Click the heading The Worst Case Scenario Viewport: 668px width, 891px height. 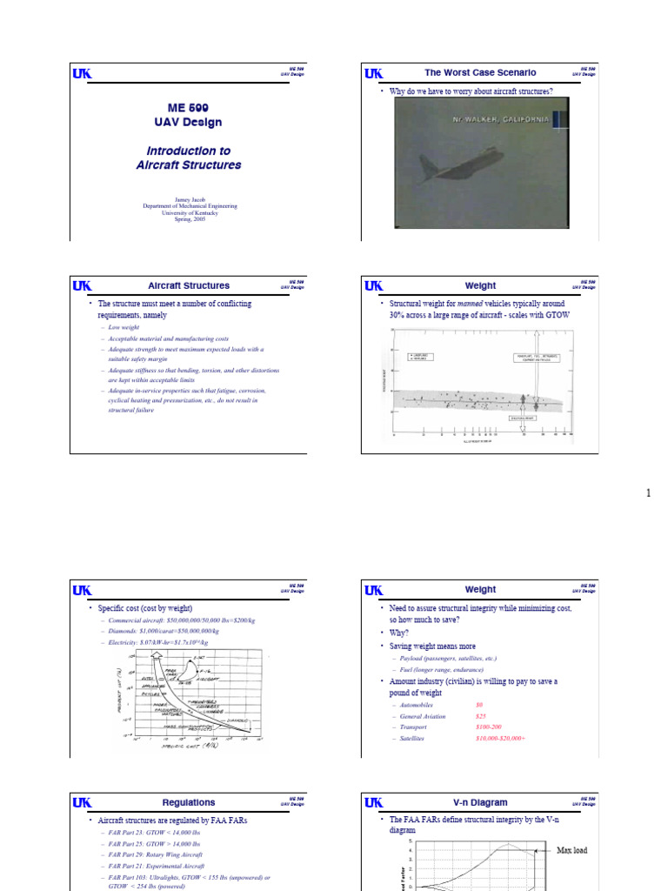480,73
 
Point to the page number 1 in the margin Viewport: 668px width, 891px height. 648,493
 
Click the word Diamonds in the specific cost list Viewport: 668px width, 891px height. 124,631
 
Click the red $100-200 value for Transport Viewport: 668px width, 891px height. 488,727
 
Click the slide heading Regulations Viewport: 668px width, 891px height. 189,802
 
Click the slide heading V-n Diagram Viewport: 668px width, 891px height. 480,802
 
